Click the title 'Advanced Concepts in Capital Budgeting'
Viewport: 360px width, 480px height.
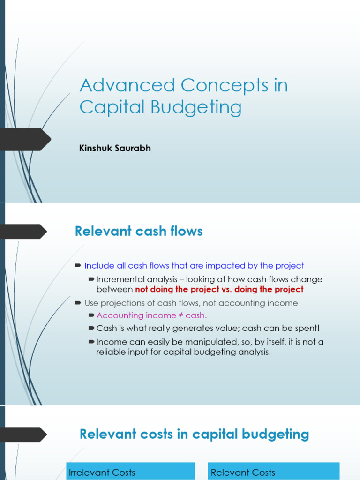point(183,96)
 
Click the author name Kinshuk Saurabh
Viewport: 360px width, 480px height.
point(115,149)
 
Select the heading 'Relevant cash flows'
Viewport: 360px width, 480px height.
point(139,231)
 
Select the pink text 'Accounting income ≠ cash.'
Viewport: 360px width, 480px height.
point(151,315)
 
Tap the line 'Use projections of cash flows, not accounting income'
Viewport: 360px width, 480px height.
point(191,303)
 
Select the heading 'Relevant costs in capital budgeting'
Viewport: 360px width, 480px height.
point(194,434)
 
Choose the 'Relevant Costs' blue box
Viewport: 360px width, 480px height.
point(274,471)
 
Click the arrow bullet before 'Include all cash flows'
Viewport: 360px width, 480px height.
point(78,266)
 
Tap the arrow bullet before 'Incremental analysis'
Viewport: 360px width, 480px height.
point(91,279)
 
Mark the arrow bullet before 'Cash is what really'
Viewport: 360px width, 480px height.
point(91,328)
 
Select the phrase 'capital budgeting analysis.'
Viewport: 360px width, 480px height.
point(217,352)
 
